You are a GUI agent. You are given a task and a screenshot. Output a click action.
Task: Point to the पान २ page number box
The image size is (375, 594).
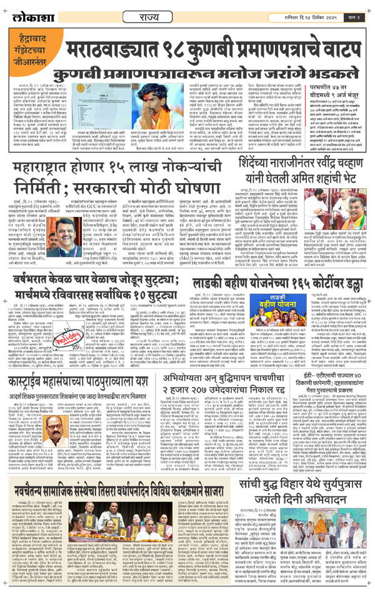[x=354, y=11]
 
